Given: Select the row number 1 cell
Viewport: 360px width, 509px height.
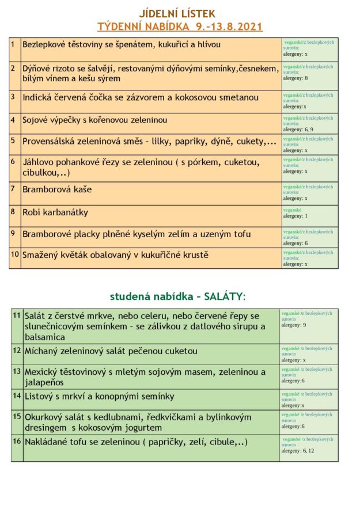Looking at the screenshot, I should tap(13, 43).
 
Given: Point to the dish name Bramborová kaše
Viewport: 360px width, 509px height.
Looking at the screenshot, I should tap(56, 189).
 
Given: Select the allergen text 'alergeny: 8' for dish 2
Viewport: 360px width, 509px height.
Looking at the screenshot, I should tap(295, 78).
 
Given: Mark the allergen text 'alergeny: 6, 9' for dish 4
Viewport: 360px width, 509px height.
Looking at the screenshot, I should tap(298, 130).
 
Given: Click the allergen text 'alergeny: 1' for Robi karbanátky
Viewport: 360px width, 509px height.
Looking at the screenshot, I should tap(295, 216).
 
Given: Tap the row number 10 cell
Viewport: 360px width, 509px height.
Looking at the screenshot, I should tap(15, 254).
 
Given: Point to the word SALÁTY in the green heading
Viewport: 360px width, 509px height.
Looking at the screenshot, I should tap(224, 297).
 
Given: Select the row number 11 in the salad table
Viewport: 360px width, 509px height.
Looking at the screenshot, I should tap(17, 315).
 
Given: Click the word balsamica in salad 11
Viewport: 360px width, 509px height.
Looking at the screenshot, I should tap(44, 337).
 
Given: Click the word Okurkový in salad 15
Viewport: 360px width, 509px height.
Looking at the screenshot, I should tap(46, 417).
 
